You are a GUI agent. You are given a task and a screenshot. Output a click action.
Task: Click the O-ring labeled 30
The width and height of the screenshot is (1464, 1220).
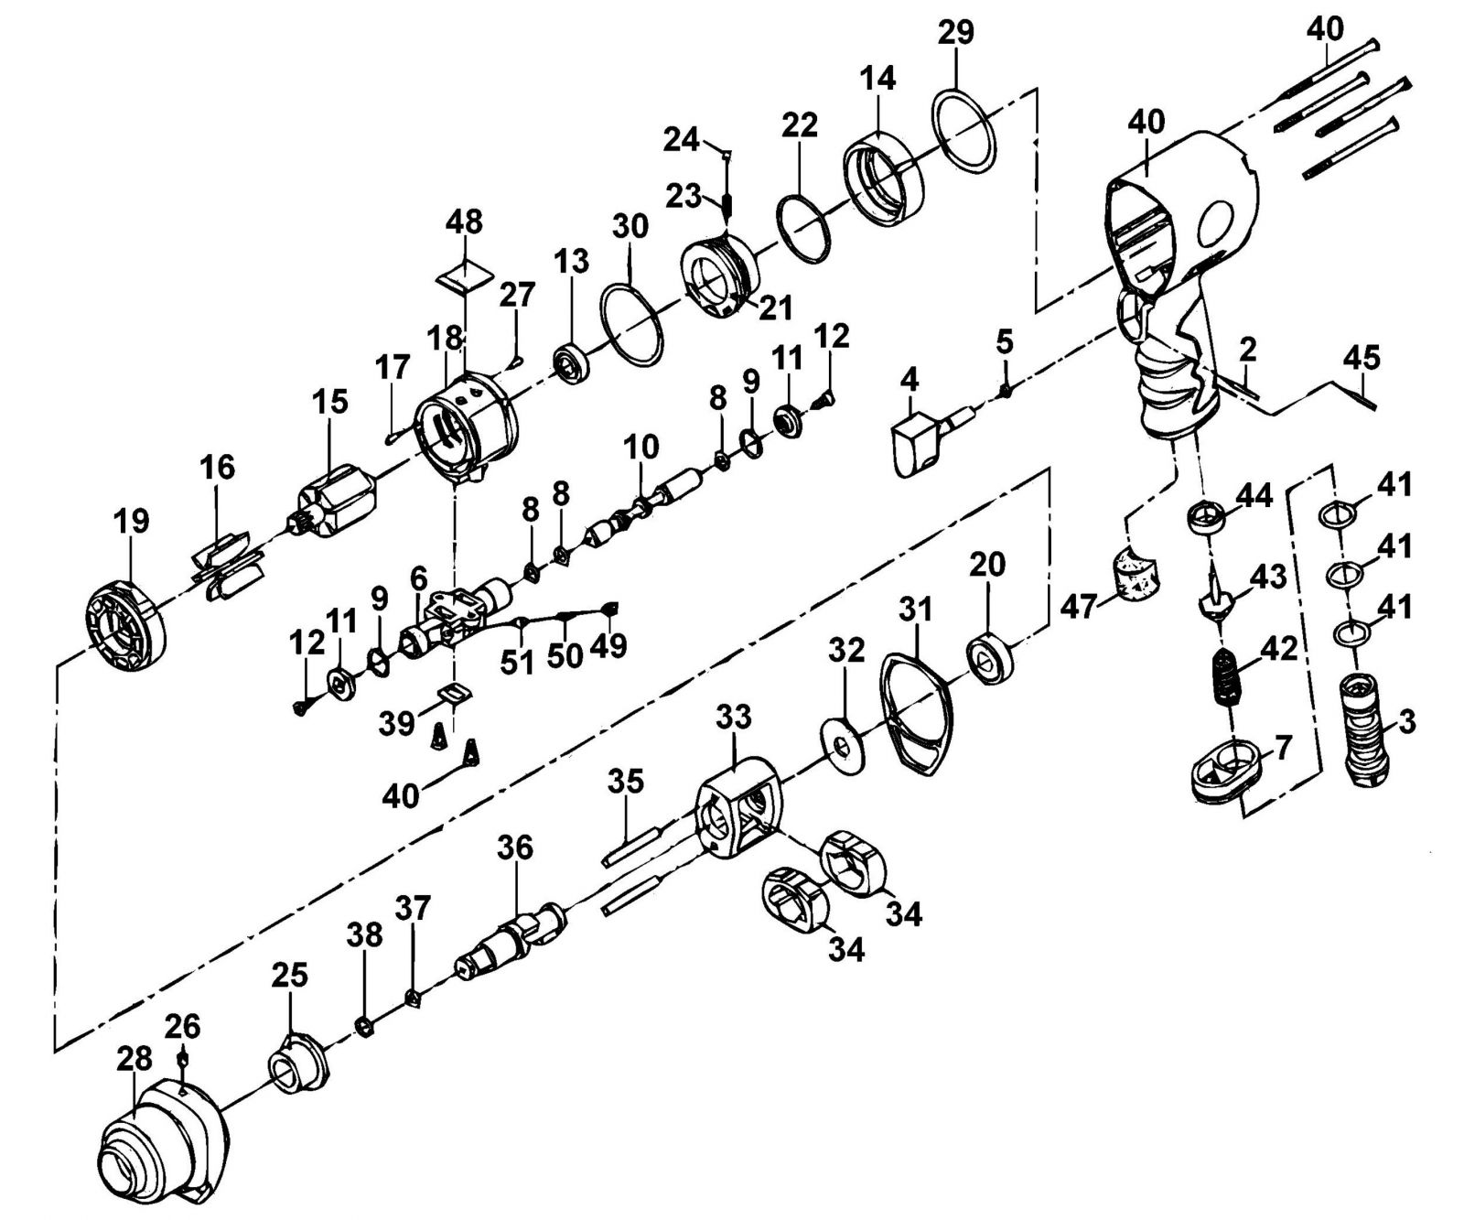pos(631,325)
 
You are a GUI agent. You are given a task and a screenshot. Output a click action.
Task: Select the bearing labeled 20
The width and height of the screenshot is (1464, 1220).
pos(992,657)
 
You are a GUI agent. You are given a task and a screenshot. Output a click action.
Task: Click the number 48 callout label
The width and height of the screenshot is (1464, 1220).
pos(465,222)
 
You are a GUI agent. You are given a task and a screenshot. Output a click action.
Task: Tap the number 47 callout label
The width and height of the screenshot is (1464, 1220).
pos(1079,606)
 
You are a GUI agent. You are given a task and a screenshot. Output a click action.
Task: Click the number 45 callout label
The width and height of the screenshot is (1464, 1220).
pos(1361,357)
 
